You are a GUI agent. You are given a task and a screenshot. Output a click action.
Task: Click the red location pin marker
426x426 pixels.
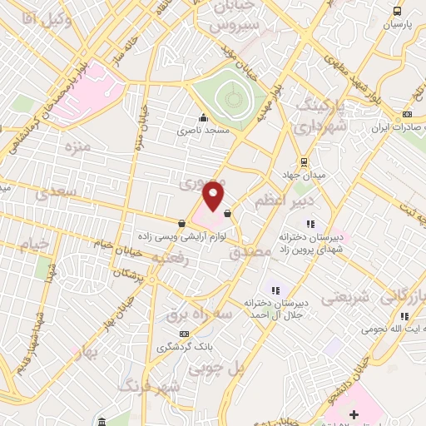pos(214,196)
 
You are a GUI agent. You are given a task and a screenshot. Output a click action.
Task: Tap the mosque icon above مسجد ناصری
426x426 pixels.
pos(203,117)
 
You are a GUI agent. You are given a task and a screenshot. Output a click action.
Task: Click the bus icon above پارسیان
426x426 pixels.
pos(397,11)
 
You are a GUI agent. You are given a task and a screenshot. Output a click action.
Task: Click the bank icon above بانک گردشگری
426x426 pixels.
pos(185,333)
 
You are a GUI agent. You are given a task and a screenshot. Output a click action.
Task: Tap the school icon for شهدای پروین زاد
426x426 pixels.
pos(311,224)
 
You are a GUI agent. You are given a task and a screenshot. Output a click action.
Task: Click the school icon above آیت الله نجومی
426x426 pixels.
pos(404,316)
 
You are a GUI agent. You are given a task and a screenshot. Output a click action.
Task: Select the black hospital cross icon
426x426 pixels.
pos(354,414)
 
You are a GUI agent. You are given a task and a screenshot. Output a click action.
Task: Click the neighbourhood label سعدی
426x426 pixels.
pos(56,194)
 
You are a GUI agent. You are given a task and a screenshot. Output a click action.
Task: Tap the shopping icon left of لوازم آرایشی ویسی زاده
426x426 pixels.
pos(181,222)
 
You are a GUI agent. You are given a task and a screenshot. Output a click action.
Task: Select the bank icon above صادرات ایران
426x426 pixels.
pos(407,114)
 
